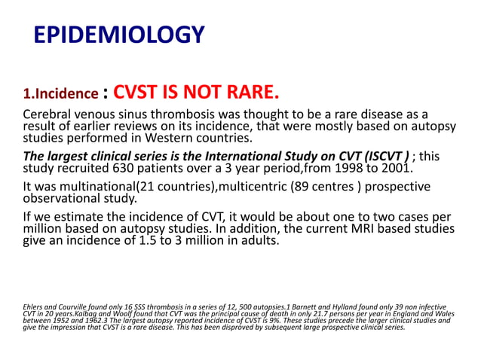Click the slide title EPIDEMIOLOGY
120,35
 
